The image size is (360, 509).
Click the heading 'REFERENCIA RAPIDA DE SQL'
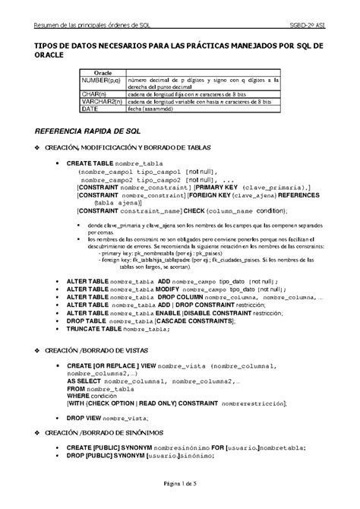click(84, 131)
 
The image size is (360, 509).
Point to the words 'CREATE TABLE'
click(90, 163)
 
